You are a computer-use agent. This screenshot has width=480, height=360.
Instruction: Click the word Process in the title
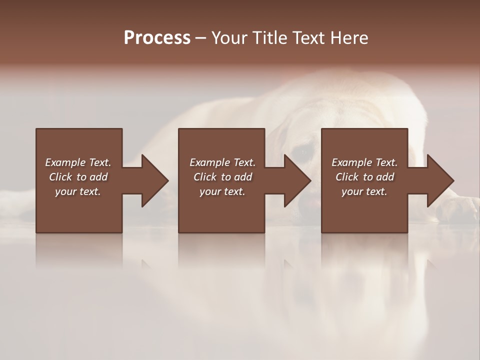tap(157, 38)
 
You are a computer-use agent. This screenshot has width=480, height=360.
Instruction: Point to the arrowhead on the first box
tap(152, 180)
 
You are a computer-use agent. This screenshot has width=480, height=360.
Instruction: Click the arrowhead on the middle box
tap(295, 180)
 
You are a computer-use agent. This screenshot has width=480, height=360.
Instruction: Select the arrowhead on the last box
tap(438, 180)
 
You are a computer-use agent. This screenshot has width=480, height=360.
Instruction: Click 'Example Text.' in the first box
tap(78, 162)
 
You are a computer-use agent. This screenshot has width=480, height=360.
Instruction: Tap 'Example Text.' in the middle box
tap(222, 162)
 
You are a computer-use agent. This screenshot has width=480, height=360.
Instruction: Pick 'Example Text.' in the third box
tap(364, 162)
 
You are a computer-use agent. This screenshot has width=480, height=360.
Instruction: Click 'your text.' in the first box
tap(78, 191)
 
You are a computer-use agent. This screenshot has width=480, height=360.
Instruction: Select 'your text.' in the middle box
tap(222, 191)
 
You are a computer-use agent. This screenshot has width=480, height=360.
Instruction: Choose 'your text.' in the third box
tap(364, 191)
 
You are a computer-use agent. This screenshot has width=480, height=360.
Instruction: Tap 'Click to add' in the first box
tap(78, 177)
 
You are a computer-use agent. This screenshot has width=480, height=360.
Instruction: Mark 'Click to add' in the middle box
tap(222, 177)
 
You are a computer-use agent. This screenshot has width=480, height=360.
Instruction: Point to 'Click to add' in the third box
tap(364, 177)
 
